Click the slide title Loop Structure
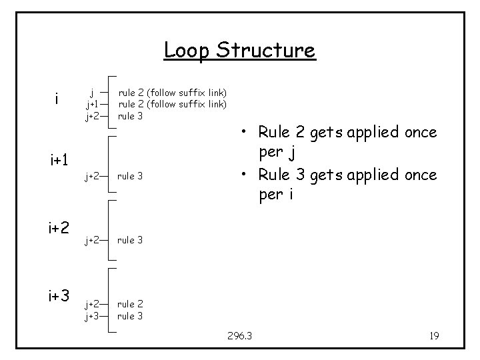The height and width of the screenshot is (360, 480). tap(239, 51)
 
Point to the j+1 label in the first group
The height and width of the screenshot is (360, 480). tap(92, 104)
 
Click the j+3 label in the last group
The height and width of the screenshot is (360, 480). tap(92, 317)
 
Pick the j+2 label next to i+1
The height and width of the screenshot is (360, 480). tap(92, 177)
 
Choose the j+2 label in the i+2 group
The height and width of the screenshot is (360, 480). tap(92, 239)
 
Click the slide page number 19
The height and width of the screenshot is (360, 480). tap(433, 336)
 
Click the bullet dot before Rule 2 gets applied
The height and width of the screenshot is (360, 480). tap(246, 133)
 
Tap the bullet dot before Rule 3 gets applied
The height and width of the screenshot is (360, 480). tap(246, 175)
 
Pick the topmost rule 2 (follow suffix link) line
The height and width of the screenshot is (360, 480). tap(172, 92)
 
